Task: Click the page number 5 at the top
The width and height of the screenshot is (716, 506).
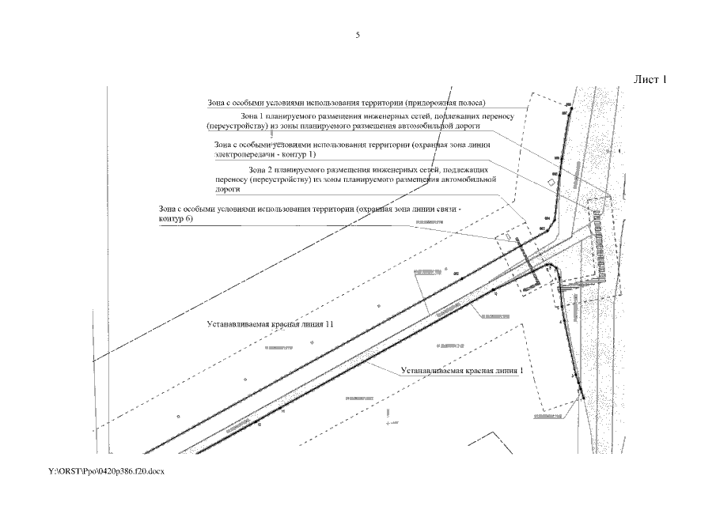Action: (358, 36)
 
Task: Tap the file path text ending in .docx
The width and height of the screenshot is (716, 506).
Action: (106, 471)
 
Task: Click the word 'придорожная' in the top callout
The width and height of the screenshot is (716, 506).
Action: (430, 103)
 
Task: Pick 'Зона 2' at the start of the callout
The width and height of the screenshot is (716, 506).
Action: (262, 169)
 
